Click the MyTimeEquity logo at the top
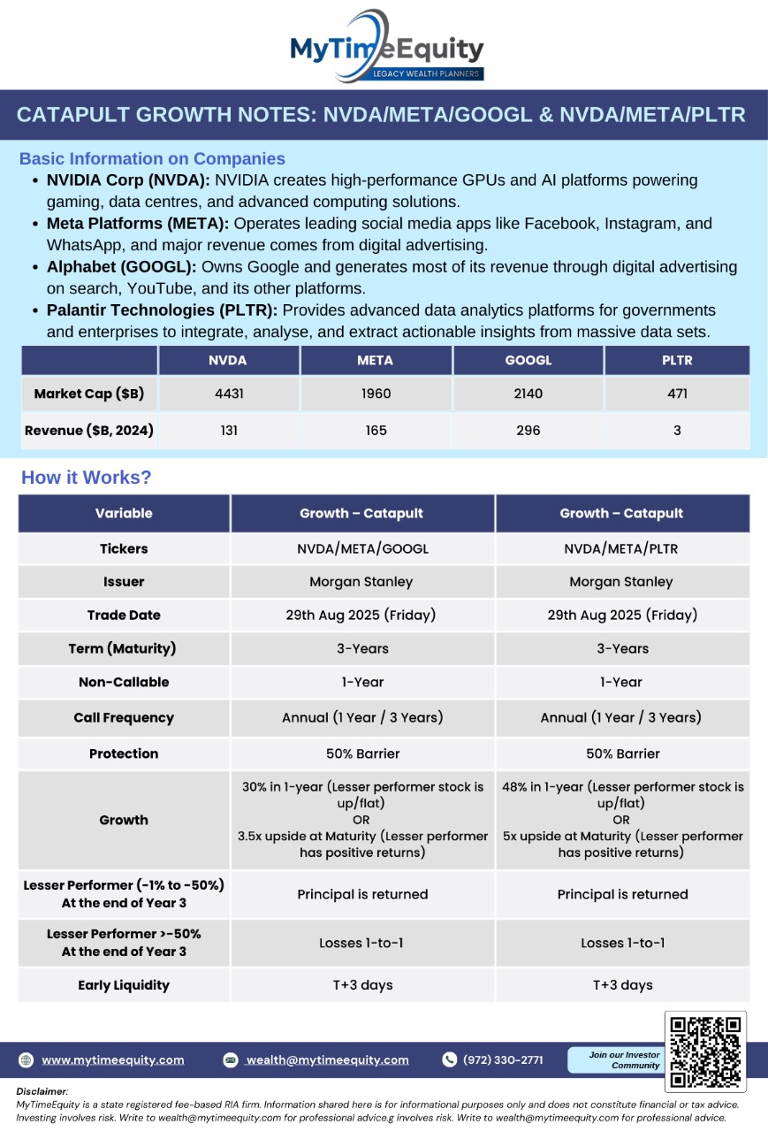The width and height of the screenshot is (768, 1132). pyautogui.click(x=386, y=46)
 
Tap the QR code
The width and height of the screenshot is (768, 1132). pyautogui.click(x=704, y=1052)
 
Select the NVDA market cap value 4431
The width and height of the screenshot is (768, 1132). pyautogui.click(x=229, y=394)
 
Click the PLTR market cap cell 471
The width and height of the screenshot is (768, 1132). pyautogui.click(x=676, y=394)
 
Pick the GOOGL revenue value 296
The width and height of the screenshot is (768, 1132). pyautogui.click(x=528, y=431)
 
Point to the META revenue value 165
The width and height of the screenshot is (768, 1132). pyautogui.click(x=376, y=431)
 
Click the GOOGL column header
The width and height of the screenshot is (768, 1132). pyautogui.click(x=528, y=360)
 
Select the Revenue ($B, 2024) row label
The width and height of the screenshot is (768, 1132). pyautogui.click(x=89, y=431)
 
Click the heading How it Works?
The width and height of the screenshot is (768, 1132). pyautogui.click(x=87, y=478)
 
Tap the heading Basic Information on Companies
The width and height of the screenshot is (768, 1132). pyautogui.click(x=152, y=159)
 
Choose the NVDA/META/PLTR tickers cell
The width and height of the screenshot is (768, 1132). pyautogui.click(x=621, y=548)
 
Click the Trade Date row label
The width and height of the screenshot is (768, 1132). pyautogui.click(x=124, y=615)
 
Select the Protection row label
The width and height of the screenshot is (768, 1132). pyautogui.click(x=124, y=753)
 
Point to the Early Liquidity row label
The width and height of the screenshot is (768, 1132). pyautogui.click(x=124, y=984)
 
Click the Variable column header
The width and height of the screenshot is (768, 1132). pyautogui.click(x=124, y=513)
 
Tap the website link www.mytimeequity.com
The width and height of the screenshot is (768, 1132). pyautogui.click(x=112, y=1059)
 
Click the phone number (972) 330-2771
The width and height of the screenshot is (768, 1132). pyautogui.click(x=503, y=1059)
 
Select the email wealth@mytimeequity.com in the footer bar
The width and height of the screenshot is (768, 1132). pyautogui.click(x=327, y=1059)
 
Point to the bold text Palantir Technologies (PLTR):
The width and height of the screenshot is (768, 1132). pyautogui.click(x=163, y=310)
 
